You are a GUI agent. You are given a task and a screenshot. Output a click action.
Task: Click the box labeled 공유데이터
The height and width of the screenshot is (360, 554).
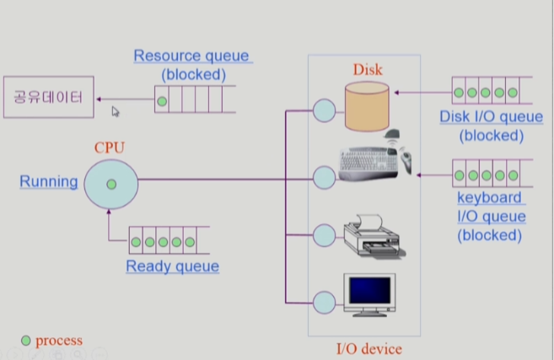point(47,98)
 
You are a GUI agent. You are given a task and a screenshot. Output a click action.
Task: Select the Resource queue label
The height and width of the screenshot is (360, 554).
point(191,56)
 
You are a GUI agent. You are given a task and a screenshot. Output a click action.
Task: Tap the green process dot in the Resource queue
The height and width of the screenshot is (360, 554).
point(162,102)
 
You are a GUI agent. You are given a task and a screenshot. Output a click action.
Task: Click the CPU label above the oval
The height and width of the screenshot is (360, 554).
point(110,148)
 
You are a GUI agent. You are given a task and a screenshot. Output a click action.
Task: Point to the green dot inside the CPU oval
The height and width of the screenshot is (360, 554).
point(110,183)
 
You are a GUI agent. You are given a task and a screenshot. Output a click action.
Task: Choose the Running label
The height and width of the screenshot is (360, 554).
point(49,181)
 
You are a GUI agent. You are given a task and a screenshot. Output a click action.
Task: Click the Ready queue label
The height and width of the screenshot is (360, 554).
point(172,266)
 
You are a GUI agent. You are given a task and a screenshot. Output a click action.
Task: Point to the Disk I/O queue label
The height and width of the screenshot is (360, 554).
point(492,116)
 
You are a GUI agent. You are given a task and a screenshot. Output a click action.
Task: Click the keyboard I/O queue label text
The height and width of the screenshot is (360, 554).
point(491,217)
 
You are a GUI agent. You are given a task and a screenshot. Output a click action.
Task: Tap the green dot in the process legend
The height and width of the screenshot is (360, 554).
point(26,341)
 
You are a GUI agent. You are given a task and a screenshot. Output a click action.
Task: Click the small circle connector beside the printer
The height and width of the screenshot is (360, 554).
point(323,234)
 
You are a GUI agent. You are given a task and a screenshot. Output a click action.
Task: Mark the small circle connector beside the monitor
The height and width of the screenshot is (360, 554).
point(323,301)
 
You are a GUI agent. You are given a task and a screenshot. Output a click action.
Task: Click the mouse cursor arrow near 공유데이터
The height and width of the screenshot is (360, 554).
point(116,110)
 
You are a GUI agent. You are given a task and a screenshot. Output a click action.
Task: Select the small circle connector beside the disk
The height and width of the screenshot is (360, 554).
point(323,110)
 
